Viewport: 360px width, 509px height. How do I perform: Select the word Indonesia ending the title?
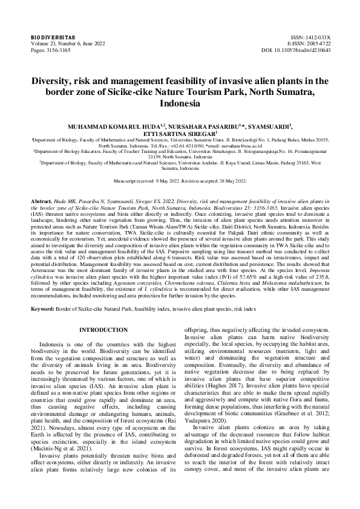pyautogui.click(x=180, y=103)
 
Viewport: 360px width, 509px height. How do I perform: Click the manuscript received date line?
pyautogui.click(x=180, y=181)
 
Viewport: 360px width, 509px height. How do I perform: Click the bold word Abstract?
pyautogui.click(x=42, y=199)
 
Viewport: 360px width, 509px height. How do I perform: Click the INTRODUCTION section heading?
pyautogui.click(x=103, y=330)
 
